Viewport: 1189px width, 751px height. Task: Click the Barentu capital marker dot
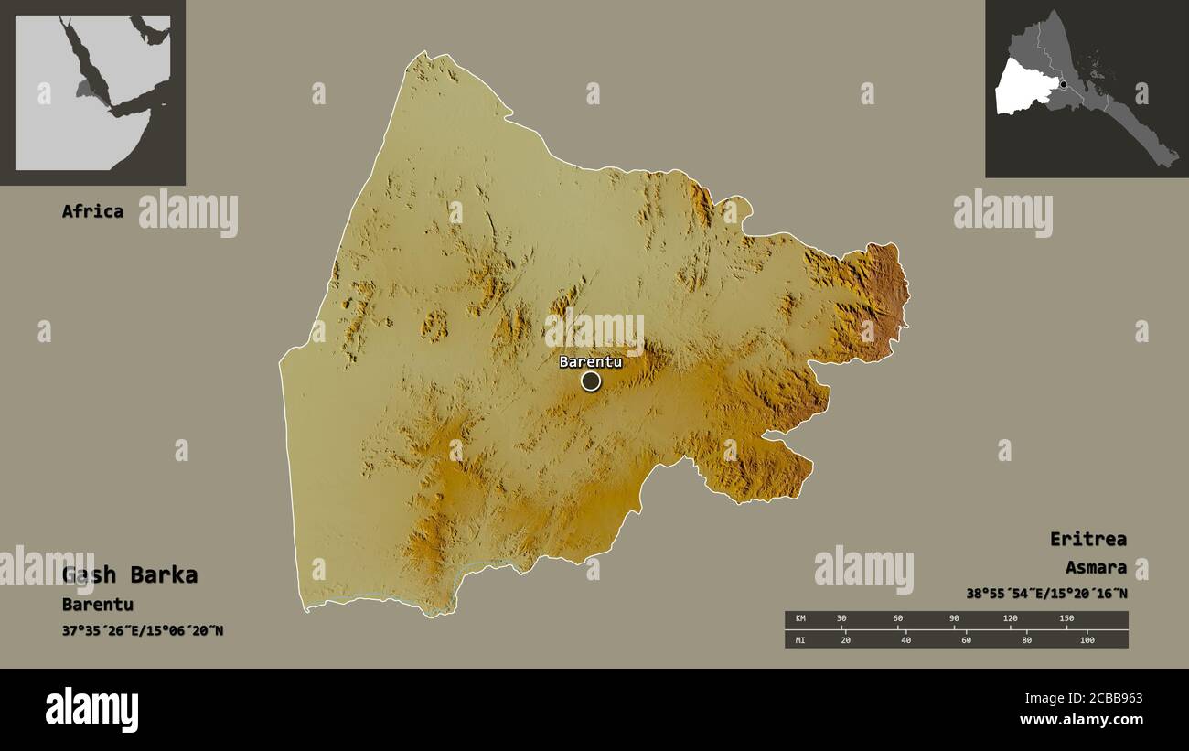[x=591, y=381]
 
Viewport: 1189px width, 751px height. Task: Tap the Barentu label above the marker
[x=591, y=361]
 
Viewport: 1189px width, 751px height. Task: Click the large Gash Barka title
[x=130, y=575]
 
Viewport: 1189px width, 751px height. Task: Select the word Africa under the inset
[x=92, y=211]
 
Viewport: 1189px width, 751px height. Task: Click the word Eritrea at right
[x=1088, y=539]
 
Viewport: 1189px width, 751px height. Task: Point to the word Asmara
[x=1096, y=567]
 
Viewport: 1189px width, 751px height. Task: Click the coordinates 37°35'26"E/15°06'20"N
[x=143, y=630]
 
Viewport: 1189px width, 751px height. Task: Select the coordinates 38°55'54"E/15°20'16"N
[x=1046, y=593]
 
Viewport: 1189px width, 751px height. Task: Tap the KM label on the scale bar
[x=801, y=619]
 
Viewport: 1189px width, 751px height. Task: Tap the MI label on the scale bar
[x=801, y=639]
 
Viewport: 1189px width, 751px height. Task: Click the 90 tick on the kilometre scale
[x=954, y=619]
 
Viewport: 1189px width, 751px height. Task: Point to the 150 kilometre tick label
[x=1066, y=619]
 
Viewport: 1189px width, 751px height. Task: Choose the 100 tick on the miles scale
[x=1087, y=639]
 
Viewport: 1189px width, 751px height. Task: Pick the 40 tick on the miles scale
[x=905, y=639]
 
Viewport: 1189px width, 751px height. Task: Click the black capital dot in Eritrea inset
[x=1063, y=84]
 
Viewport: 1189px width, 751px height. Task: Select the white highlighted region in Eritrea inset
[x=1020, y=87]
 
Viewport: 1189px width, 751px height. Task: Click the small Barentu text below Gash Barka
[x=98, y=605]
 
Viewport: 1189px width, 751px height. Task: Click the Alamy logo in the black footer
[x=91, y=710]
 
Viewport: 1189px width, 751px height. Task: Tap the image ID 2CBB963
[x=1083, y=699]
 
